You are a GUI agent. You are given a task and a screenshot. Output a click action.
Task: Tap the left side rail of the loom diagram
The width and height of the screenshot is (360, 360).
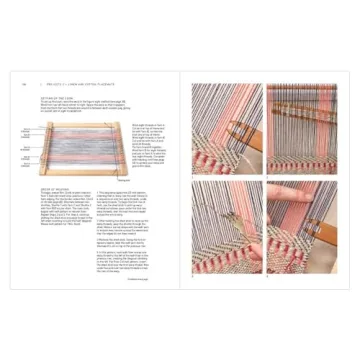[x=42, y=148]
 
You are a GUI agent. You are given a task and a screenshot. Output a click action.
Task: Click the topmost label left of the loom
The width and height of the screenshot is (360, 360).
[x=27, y=131]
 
